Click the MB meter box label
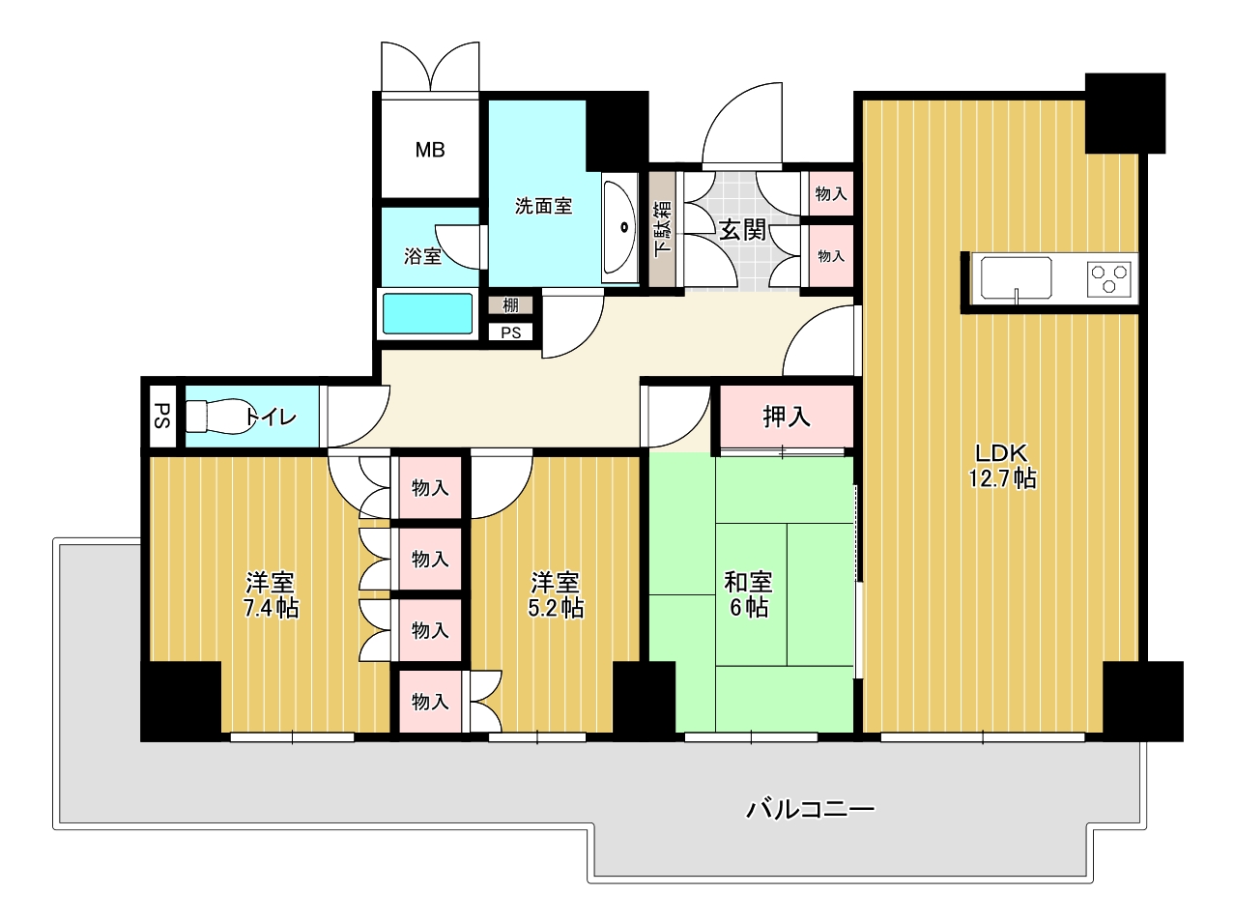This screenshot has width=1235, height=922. pos(430,150)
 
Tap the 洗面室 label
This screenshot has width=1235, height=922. pos(543,206)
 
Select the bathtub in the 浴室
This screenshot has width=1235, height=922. pos(427,313)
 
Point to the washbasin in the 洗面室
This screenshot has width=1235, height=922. pos(619,228)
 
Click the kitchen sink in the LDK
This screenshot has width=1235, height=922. pos(1016,278)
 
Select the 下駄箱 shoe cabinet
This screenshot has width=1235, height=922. pos(662,228)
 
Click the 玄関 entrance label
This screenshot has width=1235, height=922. pos(743,229)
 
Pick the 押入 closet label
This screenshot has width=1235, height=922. pos(787,417)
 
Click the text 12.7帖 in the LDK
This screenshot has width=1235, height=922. pos(1002,478)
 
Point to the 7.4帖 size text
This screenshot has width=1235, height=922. pos(272,608)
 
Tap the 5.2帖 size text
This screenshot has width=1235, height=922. pos(556,608)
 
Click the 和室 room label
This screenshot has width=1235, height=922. pos(748,582)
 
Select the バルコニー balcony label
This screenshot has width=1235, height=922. pos(810,810)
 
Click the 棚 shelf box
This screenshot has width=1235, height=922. pos(510,305)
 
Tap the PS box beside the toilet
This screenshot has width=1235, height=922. pos(162,416)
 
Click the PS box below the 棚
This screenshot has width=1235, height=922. pos(510,332)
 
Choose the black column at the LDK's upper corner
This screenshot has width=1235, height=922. pos(1125,112)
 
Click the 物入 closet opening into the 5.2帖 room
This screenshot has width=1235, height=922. pos(430,702)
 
